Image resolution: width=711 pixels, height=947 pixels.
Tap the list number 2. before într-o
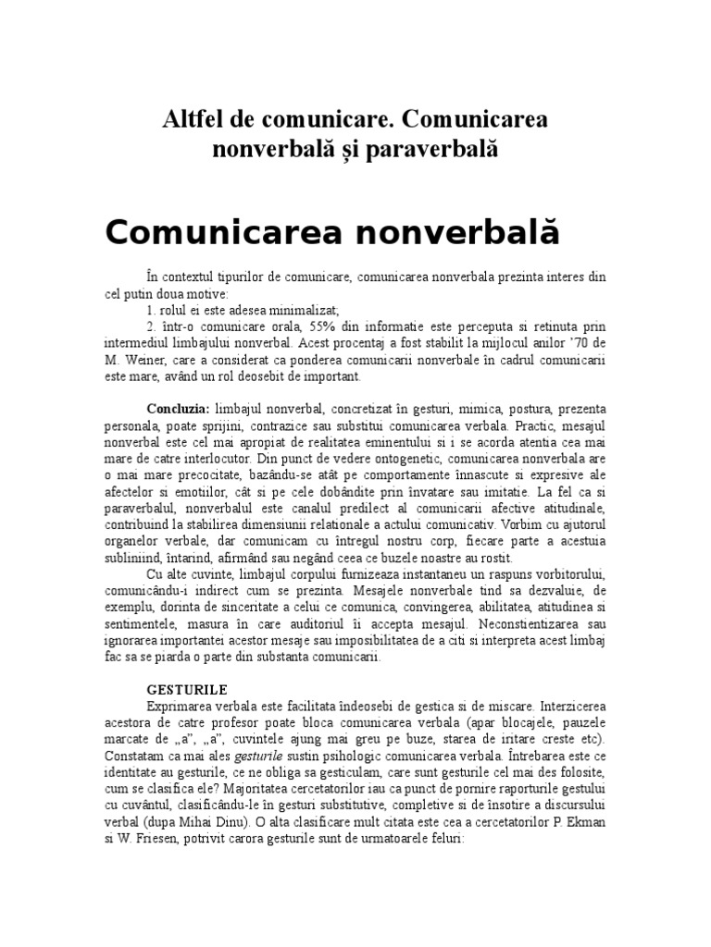click(151, 326)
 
